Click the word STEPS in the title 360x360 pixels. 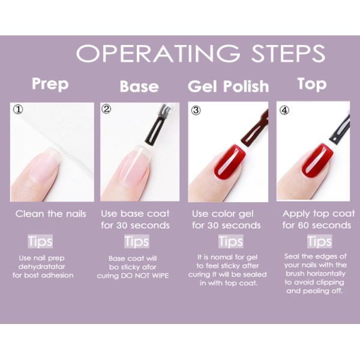pos(280,53)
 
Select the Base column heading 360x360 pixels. pos(139,86)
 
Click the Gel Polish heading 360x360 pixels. pos(228,86)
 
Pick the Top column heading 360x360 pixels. pos(311,83)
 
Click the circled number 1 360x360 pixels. pos(19,110)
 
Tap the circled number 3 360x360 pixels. pos(195,110)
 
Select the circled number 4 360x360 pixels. pos(284,110)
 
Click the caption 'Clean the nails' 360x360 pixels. pos(51,214)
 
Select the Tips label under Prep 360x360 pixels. pos(40,241)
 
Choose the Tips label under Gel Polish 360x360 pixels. pos(230,241)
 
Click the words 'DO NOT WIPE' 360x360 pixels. pos(151,276)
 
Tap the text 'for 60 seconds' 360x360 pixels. pos(317,226)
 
